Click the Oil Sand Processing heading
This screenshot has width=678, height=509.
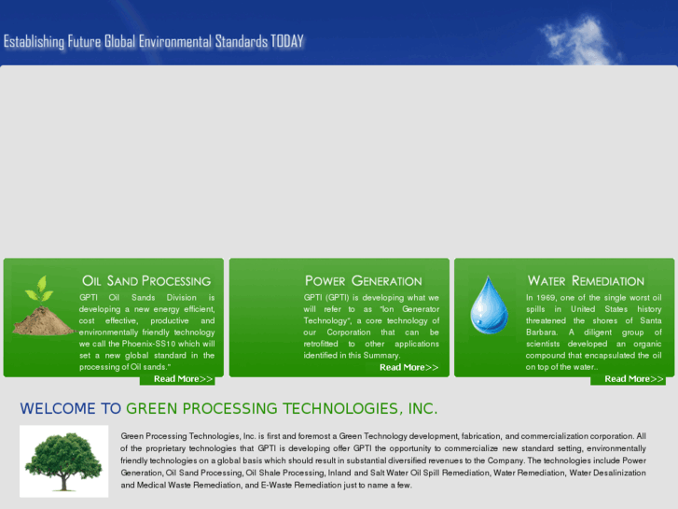[x=146, y=280]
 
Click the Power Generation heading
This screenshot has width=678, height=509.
[x=363, y=280]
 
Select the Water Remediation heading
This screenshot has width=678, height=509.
[x=586, y=280]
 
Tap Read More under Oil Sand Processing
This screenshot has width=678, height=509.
[x=183, y=378]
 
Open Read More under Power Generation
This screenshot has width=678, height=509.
[x=408, y=367]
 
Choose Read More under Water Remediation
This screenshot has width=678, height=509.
[x=633, y=378]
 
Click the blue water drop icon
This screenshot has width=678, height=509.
[x=489, y=304]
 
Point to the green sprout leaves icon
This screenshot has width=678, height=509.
[x=38, y=289]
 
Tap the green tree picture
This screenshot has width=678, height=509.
[x=63, y=461]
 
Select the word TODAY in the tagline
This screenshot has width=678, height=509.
[x=287, y=42]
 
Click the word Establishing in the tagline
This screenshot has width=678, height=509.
[x=34, y=42]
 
